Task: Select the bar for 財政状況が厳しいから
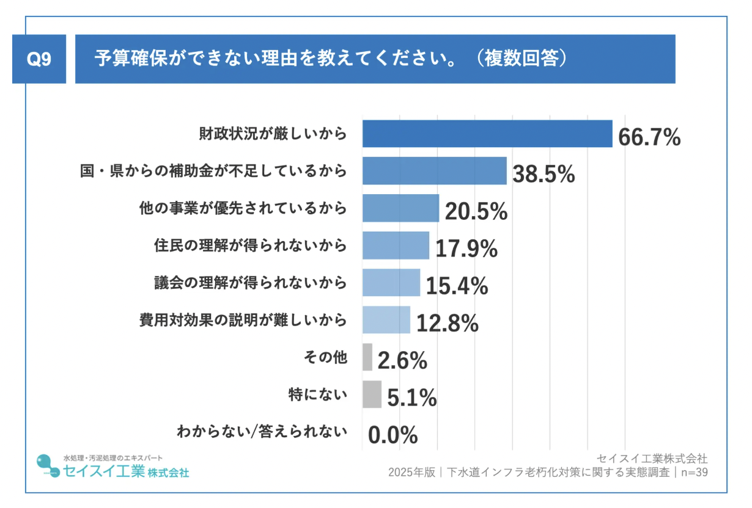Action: point(487,134)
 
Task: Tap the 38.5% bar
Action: point(434,171)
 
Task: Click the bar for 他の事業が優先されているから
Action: point(400,208)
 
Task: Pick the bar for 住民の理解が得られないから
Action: point(396,245)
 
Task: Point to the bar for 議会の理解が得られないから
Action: point(391,283)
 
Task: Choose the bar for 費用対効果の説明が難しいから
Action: point(386,320)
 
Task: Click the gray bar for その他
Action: point(367,357)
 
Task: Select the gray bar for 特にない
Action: point(372,394)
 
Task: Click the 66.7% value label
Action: point(649,137)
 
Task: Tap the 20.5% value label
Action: point(476,211)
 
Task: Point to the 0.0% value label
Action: point(393,435)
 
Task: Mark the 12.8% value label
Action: point(447,324)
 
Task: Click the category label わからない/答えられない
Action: point(262,432)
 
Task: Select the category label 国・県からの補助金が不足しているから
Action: point(213,171)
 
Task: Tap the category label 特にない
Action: point(317,394)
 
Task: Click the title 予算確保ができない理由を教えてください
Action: point(275,59)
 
